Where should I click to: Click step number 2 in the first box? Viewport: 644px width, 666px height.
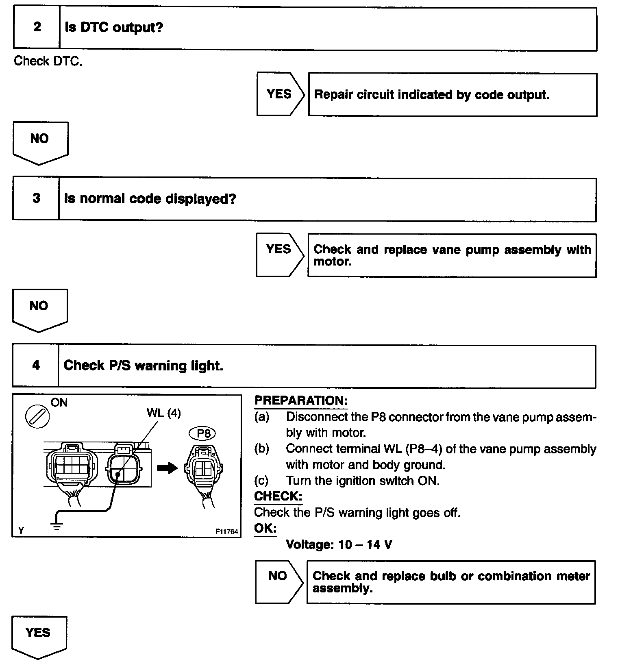(x=37, y=27)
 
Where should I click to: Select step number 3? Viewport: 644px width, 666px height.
(x=36, y=198)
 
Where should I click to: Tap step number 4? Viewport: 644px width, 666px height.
(x=36, y=365)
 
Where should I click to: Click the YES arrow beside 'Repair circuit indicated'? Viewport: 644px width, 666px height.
(x=280, y=94)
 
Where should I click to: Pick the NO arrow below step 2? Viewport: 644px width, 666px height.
(x=40, y=141)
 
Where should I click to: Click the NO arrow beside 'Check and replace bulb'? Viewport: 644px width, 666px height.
(x=278, y=581)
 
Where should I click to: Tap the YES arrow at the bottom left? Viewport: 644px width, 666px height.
(x=38, y=636)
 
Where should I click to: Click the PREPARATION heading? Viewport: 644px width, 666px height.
(x=301, y=400)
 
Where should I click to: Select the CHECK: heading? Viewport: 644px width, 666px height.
(x=278, y=496)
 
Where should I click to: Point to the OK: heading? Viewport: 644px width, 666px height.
(x=265, y=528)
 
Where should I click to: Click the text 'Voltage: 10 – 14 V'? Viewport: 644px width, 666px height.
(x=339, y=544)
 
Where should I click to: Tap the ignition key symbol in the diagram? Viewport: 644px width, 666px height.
(x=37, y=416)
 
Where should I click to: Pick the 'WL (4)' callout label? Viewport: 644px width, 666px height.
(x=163, y=413)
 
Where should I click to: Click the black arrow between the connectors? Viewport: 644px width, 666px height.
(x=167, y=468)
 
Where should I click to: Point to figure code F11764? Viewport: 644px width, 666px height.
(x=227, y=531)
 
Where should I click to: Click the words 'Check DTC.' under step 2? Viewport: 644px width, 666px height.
(x=48, y=61)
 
